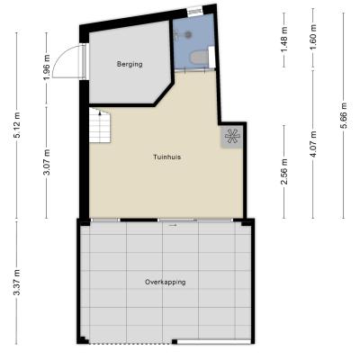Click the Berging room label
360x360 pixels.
click(x=130, y=64)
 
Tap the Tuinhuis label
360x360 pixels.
click(x=166, y=157)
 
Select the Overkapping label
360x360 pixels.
click(x=165, y=283)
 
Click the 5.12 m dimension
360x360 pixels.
click(x=17, y=125)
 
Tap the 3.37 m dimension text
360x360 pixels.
click(x=17, y=283)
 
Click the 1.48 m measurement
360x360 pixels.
click(x=284, y=39)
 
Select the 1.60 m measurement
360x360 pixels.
click(x=313, y=39)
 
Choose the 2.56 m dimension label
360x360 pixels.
click(x=284, y=172)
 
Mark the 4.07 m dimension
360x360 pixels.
click(x=313, y=144)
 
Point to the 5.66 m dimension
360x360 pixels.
click(x=344, y=115)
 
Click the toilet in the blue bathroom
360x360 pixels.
click(x=200, y=57)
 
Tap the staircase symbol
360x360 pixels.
click(x=99, y=126)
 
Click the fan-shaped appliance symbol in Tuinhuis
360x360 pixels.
click(x=233, y=137)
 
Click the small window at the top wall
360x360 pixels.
click(x=194, y=12)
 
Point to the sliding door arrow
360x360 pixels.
click(x=173, y=224)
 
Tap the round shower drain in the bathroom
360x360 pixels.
click(x=188, y=34)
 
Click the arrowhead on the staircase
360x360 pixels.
click(x=100, y=112)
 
